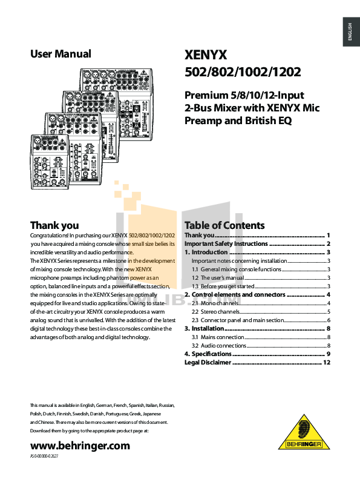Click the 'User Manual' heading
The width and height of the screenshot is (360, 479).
(61, 54)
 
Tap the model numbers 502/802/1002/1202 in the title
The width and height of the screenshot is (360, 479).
(242, 73)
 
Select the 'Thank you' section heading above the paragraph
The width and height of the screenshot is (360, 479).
(54, 226)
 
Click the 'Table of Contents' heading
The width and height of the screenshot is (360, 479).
(224, 225)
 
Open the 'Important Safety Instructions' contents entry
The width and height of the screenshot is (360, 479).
(225, 243)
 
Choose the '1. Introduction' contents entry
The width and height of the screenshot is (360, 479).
(206, 252)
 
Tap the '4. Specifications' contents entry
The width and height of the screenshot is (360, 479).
(208, 354)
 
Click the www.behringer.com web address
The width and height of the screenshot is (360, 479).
(80, 445)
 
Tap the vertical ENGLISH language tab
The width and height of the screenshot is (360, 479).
(350, 31)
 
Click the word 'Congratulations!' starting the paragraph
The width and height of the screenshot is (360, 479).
(49, 235)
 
